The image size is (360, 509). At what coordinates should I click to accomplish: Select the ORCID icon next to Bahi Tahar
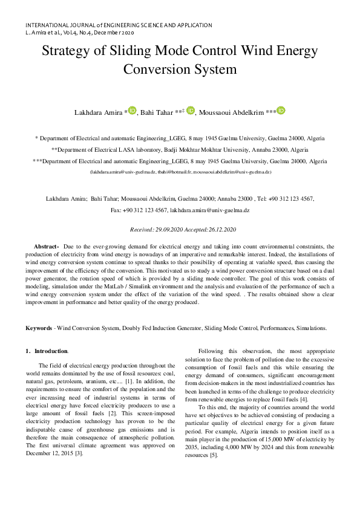[191, 111]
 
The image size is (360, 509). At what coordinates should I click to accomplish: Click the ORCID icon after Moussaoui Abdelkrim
[280, 111]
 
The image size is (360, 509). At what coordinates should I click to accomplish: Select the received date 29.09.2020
[174, 230]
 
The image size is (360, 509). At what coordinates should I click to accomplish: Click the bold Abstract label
[45, 247]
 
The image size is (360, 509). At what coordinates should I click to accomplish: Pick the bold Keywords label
[38, 328]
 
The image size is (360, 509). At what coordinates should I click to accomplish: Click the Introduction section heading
[51, 351]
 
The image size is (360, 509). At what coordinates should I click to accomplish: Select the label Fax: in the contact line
[116, 210]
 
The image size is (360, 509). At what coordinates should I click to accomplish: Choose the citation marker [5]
[214, 455]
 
